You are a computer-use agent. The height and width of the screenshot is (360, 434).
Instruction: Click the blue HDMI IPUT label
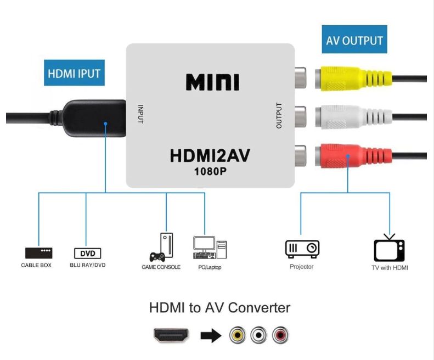pyautogui.click(x=74, y=73)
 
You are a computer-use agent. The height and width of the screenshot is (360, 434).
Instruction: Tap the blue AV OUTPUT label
pyautogui.click(x=354, y=40)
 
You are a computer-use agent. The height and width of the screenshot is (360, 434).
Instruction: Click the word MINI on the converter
pyautogui.click(x=212, y=82)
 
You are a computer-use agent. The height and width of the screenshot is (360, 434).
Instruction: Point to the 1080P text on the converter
pyautogui.click(x=210, y=171)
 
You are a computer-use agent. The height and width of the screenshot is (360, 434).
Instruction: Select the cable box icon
pyautogui.click(x=38, y=253)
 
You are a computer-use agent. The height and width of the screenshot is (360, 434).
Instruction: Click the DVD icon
pyautogui.click(x=87, y=254)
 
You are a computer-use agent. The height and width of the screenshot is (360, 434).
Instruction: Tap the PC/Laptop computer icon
pyautogui.click(x=210, y=248)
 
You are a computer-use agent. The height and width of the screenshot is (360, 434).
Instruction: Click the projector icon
pyautogui.click(x=302, y=249)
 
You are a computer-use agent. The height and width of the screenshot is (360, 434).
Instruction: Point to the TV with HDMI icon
pyautogui.click(x=389, y=248)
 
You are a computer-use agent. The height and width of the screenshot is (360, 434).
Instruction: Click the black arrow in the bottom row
pyautogui.click(x=211, y=335)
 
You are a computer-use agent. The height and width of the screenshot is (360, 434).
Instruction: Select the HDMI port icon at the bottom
pyautogui.click(x=171, y=335)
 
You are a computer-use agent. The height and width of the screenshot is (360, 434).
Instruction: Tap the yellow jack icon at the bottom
pyautogui.click(x=238, y=335)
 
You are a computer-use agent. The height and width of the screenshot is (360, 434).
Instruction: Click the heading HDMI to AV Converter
pyautogui.click(x=219, y=307)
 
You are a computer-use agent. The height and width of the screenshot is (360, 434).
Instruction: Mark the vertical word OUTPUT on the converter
pyautogui.click(x=279, y=116)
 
